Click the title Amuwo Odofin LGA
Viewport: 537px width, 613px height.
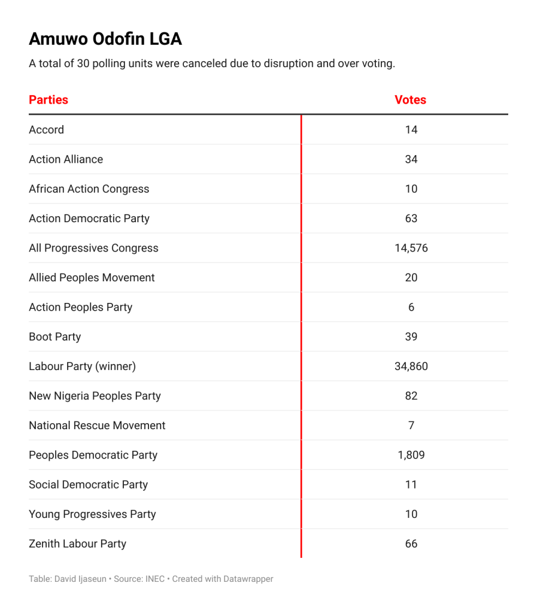point(105,40)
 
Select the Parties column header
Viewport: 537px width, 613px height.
point(48,100)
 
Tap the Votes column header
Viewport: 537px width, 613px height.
point(410,100)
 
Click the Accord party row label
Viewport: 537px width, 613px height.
point(46,130)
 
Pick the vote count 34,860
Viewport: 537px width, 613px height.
point(411,366)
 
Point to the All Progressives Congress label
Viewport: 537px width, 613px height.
point(93,248)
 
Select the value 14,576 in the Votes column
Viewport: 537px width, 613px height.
point(411,248)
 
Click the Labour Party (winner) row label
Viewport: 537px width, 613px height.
point(82,366)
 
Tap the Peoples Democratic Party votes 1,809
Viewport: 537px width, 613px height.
point(411,455)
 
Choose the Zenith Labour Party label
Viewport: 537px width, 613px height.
point(77,544)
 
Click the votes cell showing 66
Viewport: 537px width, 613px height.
point(411,544)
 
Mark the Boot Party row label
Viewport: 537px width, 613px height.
point(54,337)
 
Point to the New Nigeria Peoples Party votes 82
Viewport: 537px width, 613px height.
point(411,396)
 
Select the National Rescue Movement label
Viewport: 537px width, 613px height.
point(97,426)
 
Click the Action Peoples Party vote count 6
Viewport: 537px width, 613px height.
point(411,308)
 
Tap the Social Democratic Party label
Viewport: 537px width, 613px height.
point(88,485)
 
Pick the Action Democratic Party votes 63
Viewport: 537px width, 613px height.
point(411,219)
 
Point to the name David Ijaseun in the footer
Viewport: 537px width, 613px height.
point(81,579)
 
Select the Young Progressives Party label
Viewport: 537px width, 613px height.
point(92,514)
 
